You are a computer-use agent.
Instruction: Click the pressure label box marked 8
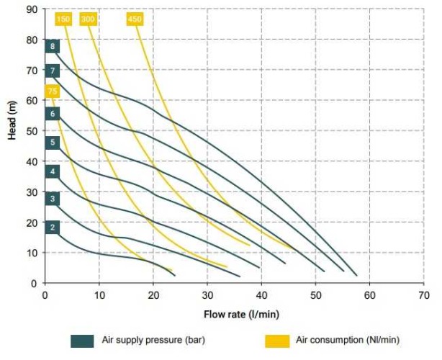(x=52, y=47)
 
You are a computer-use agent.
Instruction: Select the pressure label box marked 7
(x=52, y=71)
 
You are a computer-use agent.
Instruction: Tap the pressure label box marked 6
(x=52, y=114)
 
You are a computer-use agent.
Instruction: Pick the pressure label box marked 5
(x=52, y=143)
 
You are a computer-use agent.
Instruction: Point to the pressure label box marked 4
(x=52, y=171)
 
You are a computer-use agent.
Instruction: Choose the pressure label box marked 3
(x=52, y=199)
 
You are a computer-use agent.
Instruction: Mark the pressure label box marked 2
(x=52, y=228)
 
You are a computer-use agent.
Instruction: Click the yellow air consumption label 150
(x=63, y=19)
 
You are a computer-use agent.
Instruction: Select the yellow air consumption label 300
(x=89, y=19)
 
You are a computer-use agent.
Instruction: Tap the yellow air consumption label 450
(x=135, y=19)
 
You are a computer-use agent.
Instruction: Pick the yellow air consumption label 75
(x=52, y=91)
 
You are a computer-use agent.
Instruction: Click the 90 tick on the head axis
(x=32, y=9)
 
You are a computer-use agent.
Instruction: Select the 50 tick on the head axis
(x=32, y=131)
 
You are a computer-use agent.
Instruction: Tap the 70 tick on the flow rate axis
(x=423, y=295)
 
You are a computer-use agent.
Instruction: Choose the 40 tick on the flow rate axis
(x=261, y=295)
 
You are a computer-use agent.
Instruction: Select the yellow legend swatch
(x=279, y=341)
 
